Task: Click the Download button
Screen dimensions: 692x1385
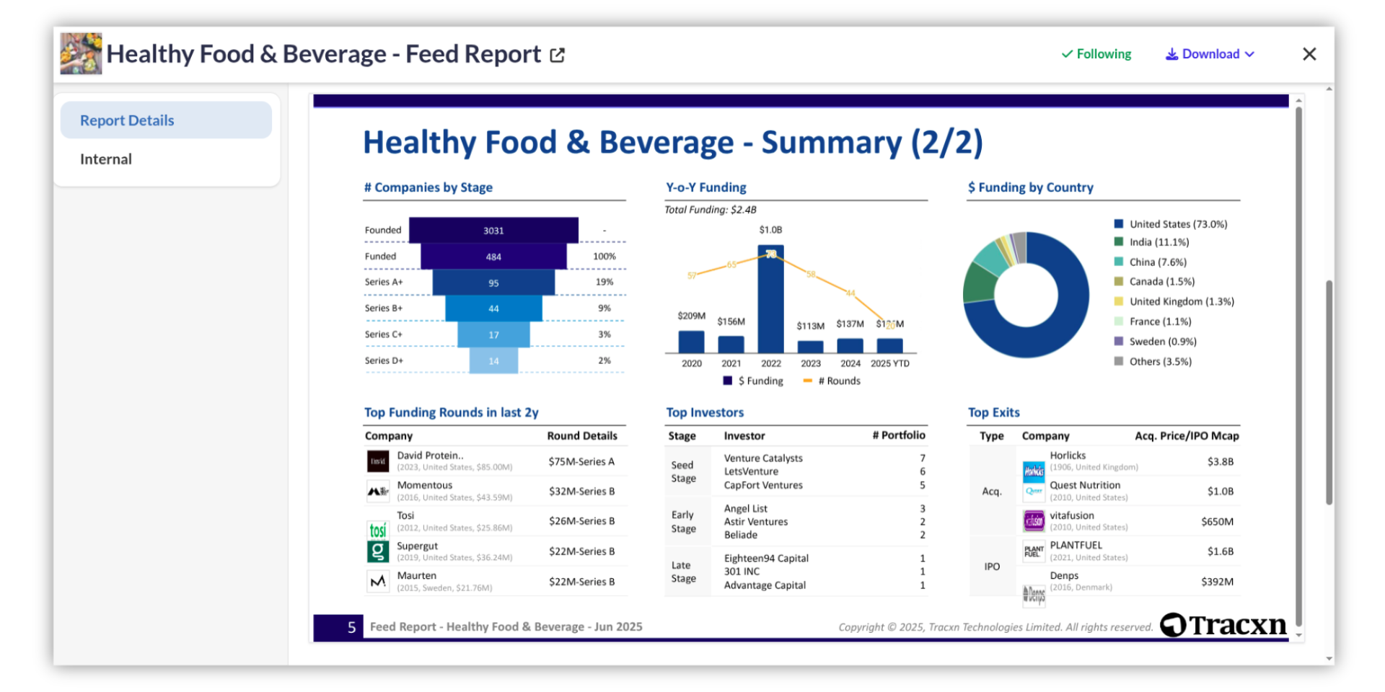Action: (x=1210, y=54)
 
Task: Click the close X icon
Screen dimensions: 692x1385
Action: (x=1309, y=54)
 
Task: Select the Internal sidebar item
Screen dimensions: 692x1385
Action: (x=106, y=159)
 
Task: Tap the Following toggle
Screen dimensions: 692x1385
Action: (x=1096, y=54)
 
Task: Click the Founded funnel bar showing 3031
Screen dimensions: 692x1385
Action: (x=493, y=231)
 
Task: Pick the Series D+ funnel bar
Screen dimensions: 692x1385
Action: (x=493, y=361)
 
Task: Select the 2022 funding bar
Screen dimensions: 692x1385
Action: (x=770, y=299)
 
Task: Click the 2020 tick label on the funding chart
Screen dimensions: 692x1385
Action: (x=691, y=363)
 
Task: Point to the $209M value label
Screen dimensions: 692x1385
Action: (x=691, y=316)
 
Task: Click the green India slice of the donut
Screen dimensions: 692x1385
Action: (x=979, y=283)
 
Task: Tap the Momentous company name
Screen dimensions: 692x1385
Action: (x=425, y=485)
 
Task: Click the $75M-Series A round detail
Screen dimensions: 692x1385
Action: (x=581, y=461)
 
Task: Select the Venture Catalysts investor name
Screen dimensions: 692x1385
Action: (x=763, y=458)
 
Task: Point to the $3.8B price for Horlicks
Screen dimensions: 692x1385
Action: (x=1220, y=461)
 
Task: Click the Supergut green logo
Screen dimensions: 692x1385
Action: (x=378, y=551)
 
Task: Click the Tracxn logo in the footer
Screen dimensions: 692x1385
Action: (x=1223, y=625)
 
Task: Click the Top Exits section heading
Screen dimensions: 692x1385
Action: (x=993, y=412)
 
